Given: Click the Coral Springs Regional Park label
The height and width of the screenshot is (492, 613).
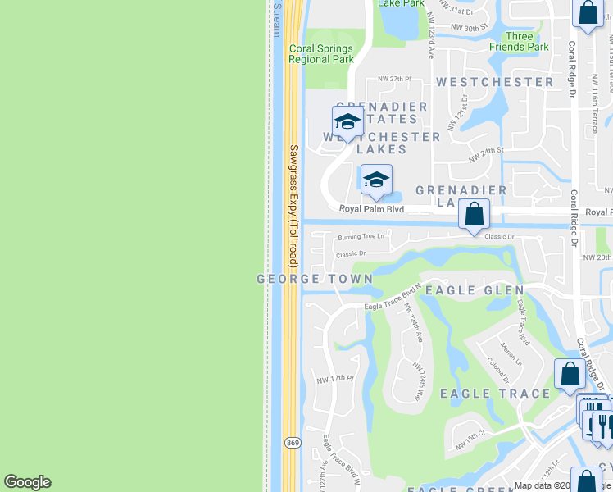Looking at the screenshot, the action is tap(320, 53).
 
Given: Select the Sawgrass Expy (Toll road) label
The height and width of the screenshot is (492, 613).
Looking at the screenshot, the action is tap(293, 206).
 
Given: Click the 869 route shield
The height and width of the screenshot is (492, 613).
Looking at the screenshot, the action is tap(292, 443).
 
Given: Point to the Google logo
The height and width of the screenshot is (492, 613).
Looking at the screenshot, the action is tap(27, 482).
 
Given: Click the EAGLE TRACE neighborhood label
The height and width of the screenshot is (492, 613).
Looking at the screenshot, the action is tap(495, 394).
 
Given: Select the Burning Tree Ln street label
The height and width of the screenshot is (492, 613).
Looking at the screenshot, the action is tap(361, 237).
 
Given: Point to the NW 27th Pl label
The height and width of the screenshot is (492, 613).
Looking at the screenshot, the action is tap(393, 79).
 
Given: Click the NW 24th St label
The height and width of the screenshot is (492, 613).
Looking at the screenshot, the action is tap(485, 152).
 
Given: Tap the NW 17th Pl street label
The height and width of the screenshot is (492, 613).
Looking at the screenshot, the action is tap(334, 379).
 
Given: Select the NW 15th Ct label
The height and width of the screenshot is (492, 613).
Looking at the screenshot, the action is tap(471, 439).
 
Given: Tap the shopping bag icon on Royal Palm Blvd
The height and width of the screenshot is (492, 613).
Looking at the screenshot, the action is tap(474, 215).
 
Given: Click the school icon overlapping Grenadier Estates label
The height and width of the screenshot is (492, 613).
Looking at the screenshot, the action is tap(347, 121).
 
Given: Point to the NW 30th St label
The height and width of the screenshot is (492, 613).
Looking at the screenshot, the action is tap(470, 27).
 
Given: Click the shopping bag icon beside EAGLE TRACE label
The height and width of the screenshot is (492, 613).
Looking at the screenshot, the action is tap(570, 374).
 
